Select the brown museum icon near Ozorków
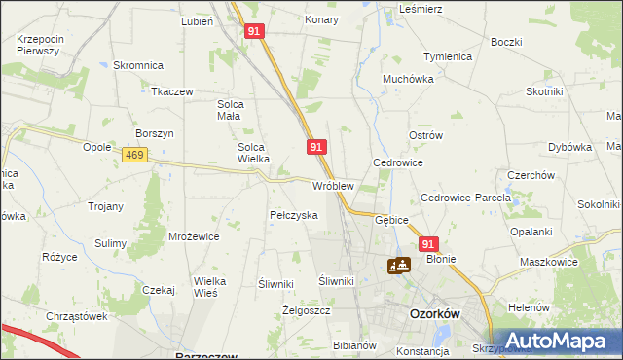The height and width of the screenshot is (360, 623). pos(399,264)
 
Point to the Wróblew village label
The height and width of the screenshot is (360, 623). pos(332,185)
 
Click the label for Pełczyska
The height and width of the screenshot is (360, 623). pos(293,215)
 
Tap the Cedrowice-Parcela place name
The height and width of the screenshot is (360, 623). pos(465,198)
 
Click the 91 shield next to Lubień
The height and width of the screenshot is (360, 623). pos(254,31)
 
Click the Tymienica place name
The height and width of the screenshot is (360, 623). pos(448,56)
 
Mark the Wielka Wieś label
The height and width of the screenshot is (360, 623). pos(209,286)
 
